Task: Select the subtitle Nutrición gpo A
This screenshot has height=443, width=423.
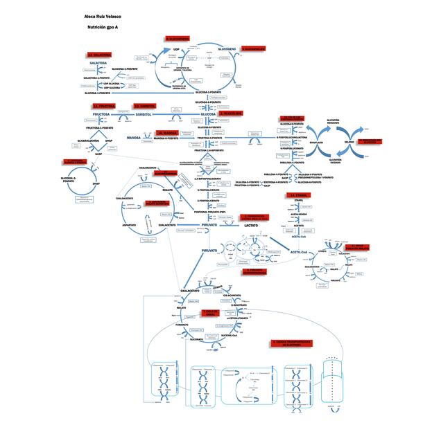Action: point(103,27)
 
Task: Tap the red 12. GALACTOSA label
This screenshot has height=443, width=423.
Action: point(100,54)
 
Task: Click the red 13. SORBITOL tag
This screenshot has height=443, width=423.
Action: point(144,107)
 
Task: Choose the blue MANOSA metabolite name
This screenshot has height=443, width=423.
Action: point(134,138)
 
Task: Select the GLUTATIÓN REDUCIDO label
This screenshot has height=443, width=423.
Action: point(333,120)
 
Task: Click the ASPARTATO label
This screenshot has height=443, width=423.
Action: point(128,225)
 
